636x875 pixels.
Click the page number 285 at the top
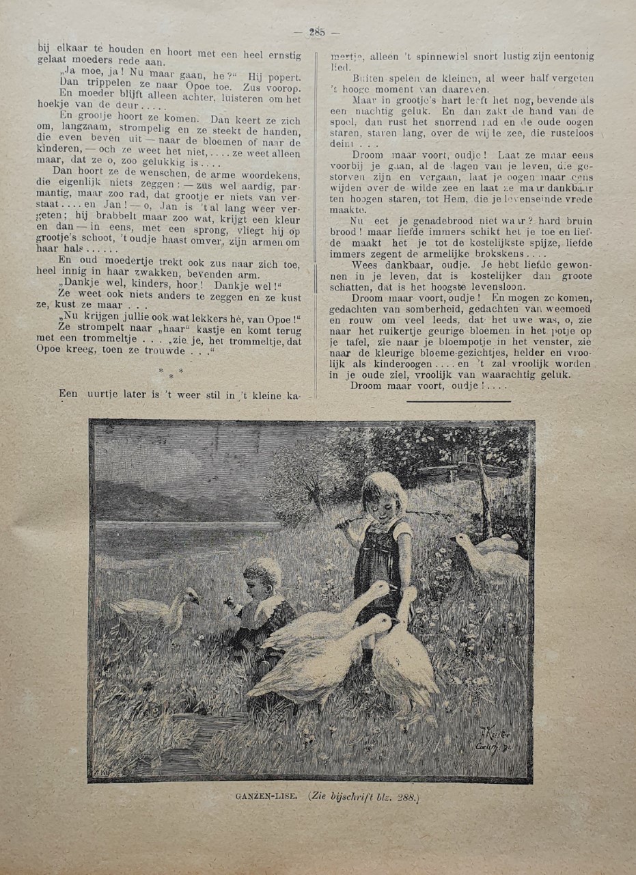pos(316,31)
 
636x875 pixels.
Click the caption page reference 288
pos(404,796)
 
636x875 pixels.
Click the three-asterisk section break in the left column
pos(171,373)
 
